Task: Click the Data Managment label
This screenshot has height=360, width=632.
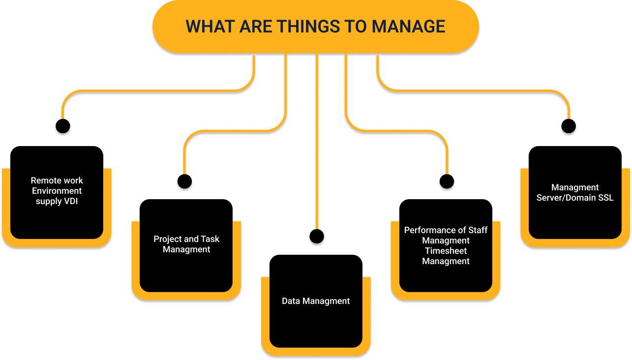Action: [316, 301]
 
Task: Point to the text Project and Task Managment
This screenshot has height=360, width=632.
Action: [186, 244]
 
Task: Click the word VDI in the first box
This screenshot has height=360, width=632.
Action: [70, 201]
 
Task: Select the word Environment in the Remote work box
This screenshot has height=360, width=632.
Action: [57, 191]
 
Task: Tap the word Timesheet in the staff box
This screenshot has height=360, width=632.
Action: [446, 251]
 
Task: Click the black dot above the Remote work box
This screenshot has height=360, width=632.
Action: [62, 128]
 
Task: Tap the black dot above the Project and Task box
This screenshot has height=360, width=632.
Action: [184, 183]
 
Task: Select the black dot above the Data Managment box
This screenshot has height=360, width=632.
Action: [317, 238]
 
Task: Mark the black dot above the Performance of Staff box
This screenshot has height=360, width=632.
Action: [447, 183]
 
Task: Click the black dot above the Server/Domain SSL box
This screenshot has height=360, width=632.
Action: [569, 128]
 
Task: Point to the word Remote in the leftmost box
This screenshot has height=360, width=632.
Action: [44, 180]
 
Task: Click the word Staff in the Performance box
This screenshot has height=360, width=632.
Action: [477, 230]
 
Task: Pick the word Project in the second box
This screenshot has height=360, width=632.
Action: [168, 239]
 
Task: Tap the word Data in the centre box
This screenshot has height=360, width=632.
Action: [291, 301]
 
